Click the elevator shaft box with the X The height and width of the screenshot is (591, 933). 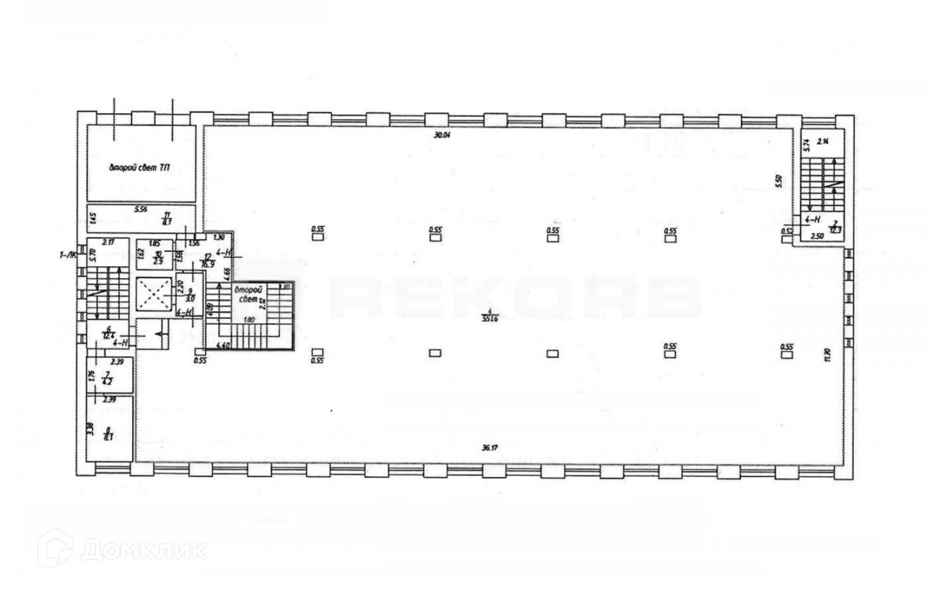[x=153, y=294]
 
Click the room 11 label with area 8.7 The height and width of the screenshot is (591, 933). [x=167, y=217]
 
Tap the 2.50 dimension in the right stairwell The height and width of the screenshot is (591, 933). [x=817, y=236]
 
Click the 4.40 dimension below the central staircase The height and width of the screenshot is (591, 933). [x=222, y=345]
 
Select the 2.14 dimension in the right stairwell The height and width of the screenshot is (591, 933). [x=822, y=141]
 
